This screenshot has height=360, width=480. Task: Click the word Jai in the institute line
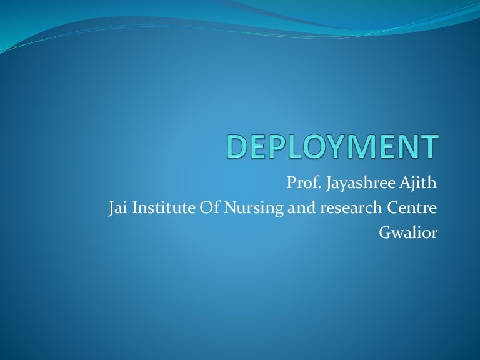coord(117,208)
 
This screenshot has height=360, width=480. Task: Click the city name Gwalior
coord(408,232)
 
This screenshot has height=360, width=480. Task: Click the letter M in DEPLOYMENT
coord(367,147)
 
